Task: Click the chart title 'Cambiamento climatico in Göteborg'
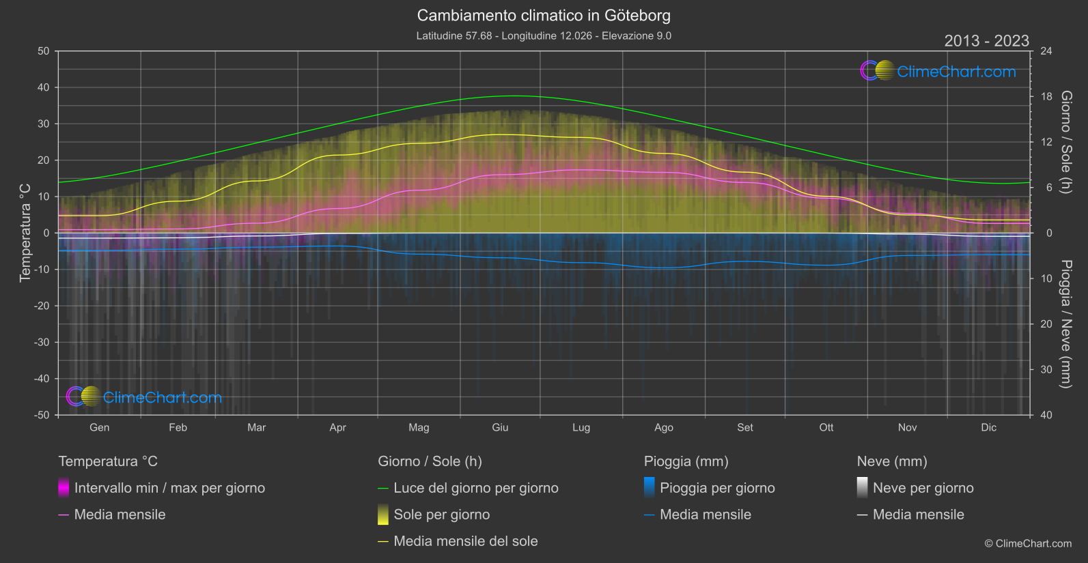tap(544, 15)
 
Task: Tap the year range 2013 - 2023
tap(986, 41)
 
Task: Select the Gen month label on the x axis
tap(99, 427)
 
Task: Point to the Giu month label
tap(500, 427)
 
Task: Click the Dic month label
tap(988, 427)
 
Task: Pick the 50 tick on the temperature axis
tap(44, 51)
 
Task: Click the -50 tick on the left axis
tap(42, 415)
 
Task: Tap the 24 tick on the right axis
tap(1046, 51)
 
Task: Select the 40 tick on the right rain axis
tap(1046, 415)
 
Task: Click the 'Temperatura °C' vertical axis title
tap(25, 233)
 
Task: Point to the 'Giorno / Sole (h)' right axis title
tap(1065, 142)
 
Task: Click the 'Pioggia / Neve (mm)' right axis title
tap(1065, 324)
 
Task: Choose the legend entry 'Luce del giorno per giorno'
tap(475, 488)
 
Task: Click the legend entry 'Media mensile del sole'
tap(465, 541)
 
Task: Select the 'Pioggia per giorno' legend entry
tap(717, 488)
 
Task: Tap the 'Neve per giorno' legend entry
tap(923, 488)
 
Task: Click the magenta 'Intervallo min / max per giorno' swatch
tap(64, 488)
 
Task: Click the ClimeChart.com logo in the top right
tap(938, 71)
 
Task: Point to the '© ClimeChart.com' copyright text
tap(1028, 543)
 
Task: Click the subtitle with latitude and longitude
tap(544, 35)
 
